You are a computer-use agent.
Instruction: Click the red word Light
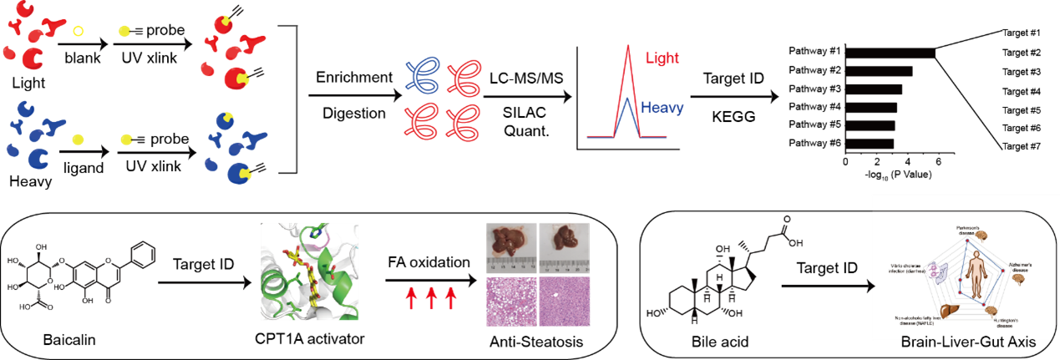point(662,58)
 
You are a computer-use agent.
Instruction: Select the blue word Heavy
point(662,108)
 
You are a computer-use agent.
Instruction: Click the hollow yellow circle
point(78,32)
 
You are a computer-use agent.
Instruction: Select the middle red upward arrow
point(431,298)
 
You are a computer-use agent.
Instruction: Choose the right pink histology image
point(565,302)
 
